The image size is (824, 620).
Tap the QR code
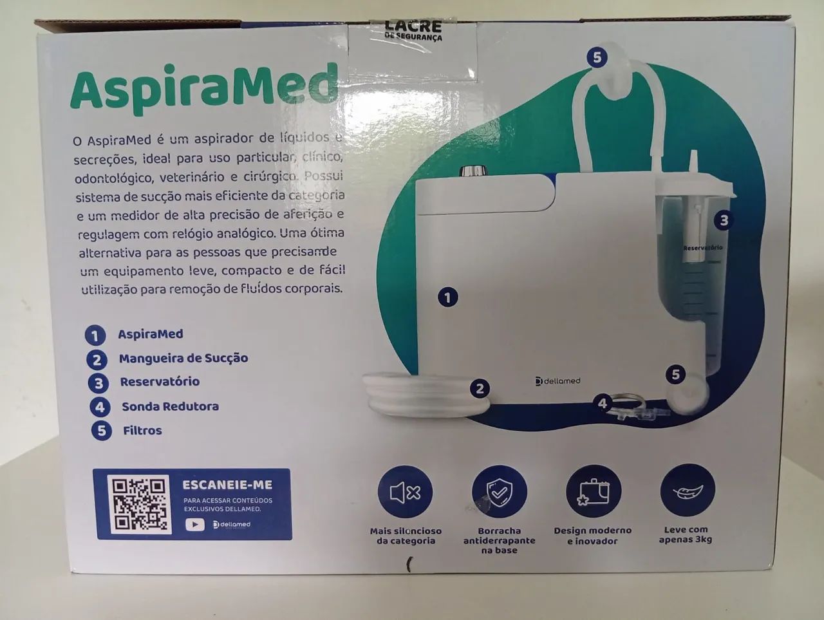pos(139,504)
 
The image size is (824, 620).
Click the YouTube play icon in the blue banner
pos(195,524)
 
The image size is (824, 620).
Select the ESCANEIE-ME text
pos(227,485)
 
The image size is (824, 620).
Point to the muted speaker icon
pos(405,493)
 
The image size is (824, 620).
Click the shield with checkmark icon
pos(499,492)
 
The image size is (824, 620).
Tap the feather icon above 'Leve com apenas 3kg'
pos(687,491)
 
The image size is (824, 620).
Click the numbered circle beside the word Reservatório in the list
pos(98,383)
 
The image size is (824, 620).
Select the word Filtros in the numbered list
pos(142,430)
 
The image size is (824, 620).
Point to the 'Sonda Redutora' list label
pos(170,406)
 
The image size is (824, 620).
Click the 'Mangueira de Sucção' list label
pos(183,358)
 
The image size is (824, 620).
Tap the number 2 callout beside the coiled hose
pos(480,388)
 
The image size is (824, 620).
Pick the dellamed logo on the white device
pos(557,381)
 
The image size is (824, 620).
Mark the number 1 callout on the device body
pos(448,297)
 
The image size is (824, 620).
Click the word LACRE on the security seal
pos(413,26)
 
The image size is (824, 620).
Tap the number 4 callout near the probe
pos(603,404)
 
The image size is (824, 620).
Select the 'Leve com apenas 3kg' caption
pos(686,534)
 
